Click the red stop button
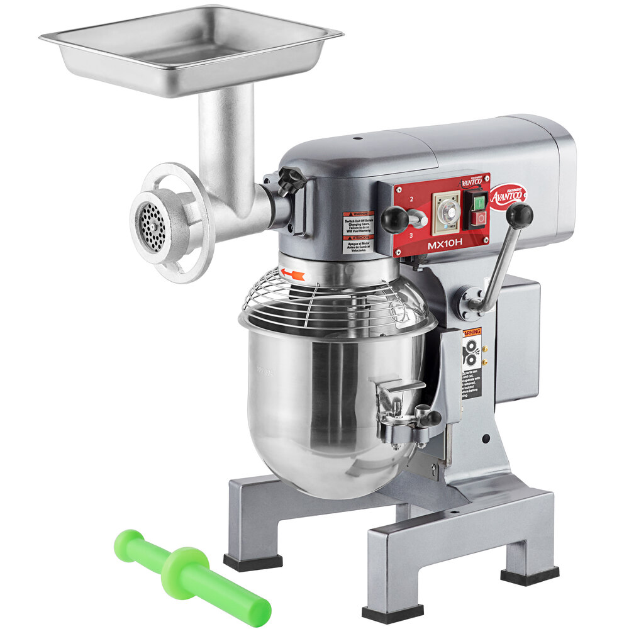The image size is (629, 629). coord(479,218)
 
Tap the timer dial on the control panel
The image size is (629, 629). coord(447,213)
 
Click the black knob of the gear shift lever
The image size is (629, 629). coord(395,219)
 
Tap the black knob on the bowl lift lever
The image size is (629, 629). coord(520,215)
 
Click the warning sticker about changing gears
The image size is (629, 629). coord(358,232)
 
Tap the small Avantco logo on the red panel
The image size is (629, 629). coord(472,182)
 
